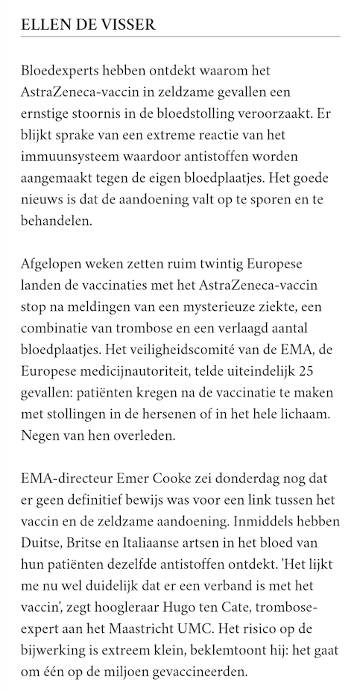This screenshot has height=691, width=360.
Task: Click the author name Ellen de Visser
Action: click(x=88, y=25)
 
